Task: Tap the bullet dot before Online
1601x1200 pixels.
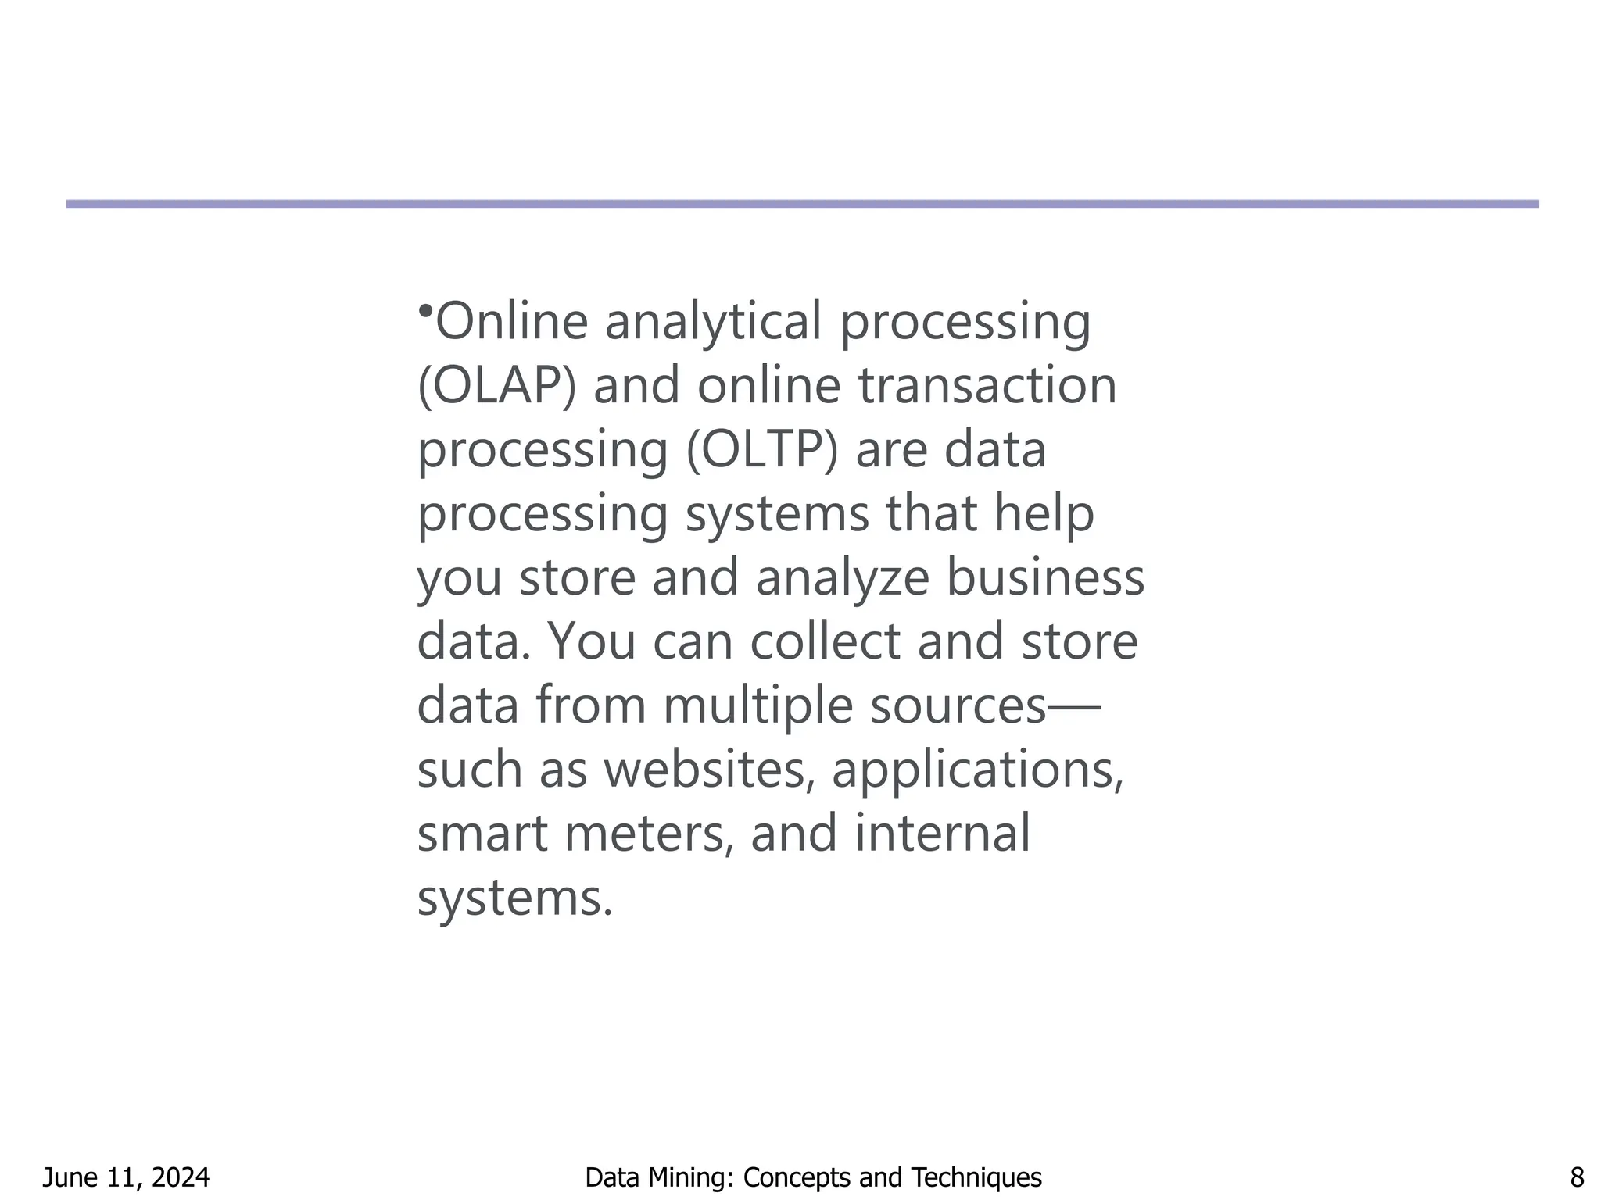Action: [424, 311]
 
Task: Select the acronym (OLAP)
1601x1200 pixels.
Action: [496, 386]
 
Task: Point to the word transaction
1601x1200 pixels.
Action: [988, 386]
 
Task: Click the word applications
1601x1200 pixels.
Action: [977, 770]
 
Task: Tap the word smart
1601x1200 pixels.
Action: [482, 834]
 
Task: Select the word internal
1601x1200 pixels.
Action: [942, 834]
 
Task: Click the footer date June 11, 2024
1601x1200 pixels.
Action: [126, 1177]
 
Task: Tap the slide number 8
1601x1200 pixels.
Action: [1577, 1177]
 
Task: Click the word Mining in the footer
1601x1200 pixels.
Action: [691, 1177]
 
